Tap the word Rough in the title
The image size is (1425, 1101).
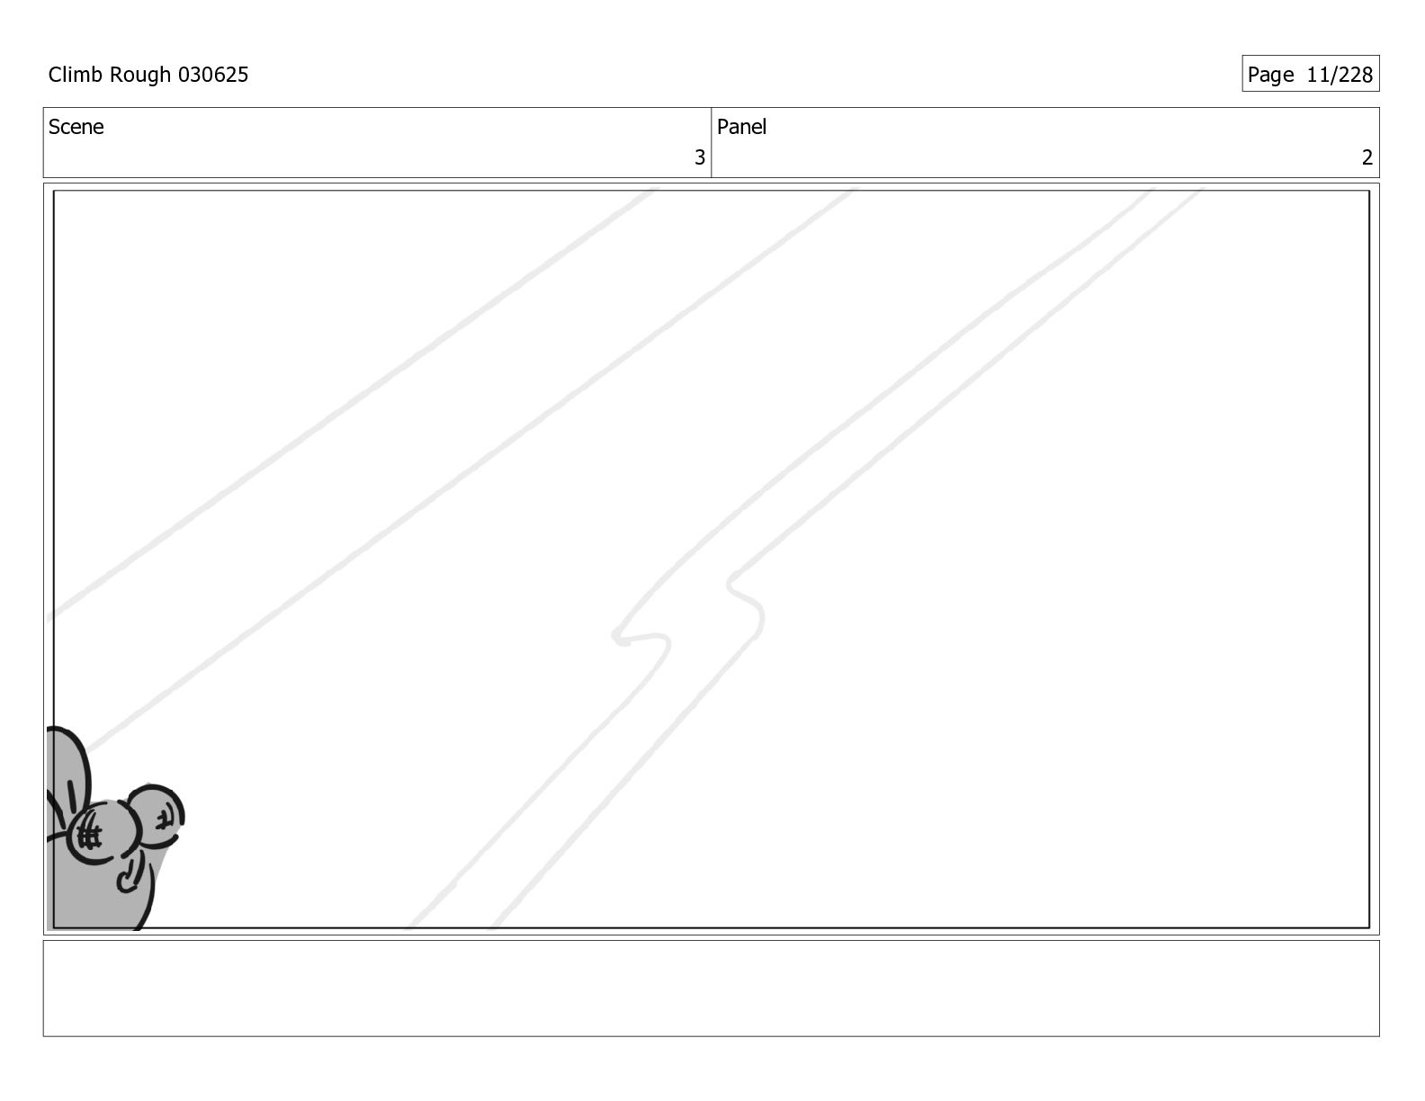click(x=139, y=76)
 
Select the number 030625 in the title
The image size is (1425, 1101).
click(x=213, y=75)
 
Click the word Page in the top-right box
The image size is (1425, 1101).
click(x=1270, y=76)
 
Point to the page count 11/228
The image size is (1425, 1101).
click(x=1340, y=75)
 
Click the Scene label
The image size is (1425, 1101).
click(x=76, y=127)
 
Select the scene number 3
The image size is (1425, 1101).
click(x=700, y=157)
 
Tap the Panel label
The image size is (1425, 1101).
click(x=741, y=127)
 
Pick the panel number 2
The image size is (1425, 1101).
click(x=1367, y=157)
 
